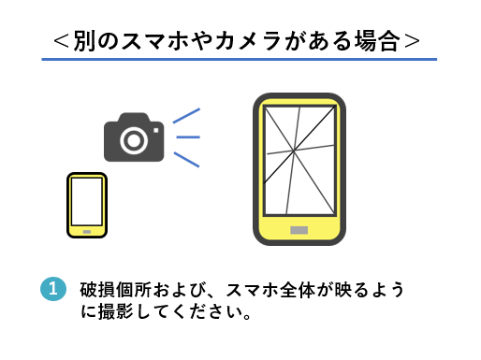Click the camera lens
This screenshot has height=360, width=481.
click(x=134, y=140)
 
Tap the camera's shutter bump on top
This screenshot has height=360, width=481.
click(x=134, y=118)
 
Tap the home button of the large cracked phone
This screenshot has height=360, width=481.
click(x=299, y=229)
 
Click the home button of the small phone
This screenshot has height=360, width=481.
click(x=87, y=229)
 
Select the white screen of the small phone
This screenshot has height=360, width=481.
click(x=87, y=200)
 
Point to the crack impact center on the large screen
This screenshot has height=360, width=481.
click(x=294, y=151)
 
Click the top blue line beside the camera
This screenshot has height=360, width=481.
click(x=186, y=116)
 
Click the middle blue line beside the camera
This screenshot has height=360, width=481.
click(x=188, y=138)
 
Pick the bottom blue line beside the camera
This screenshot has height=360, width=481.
click(x=186, y=160)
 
